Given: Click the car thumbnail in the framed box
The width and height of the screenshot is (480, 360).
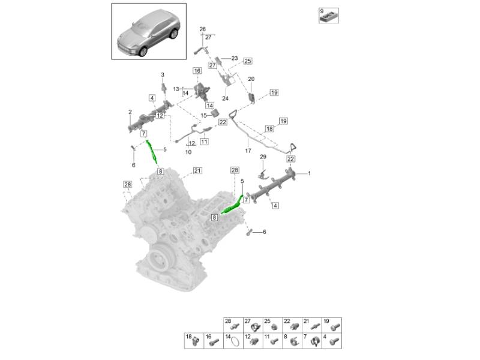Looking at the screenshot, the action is pos(148,33).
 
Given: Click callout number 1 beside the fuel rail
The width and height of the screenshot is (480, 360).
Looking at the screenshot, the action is pos(310,173).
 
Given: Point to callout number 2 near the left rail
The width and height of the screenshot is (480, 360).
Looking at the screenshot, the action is pos(130,112).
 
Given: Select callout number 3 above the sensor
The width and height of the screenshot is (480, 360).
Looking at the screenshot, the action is pos(163,74).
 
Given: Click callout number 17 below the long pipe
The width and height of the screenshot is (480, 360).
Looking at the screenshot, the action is pos(248,151).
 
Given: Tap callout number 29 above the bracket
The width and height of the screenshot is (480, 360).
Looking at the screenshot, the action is pos(263,157).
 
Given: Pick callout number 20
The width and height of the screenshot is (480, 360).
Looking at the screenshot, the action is pos(251,79).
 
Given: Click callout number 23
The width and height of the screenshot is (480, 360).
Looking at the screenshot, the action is pos(235,58).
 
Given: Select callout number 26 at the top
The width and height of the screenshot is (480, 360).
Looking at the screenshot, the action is pos(202,29).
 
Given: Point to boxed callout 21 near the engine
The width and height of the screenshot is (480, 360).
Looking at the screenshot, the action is pos(197,170).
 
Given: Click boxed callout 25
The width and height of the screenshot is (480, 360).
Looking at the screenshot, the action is pos(248,61).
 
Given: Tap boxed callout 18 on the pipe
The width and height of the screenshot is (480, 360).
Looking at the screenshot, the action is pos(269,128).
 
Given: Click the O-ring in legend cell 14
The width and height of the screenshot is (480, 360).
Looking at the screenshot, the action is pos(235,342).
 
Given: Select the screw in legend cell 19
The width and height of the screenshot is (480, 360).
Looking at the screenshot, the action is pos(335,328).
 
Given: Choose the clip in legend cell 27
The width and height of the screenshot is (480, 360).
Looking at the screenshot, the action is pos(254,328).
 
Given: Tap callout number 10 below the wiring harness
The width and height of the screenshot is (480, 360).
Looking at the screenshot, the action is pos(188,152).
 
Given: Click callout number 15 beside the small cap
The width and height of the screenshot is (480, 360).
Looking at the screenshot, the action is pos(203,115).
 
